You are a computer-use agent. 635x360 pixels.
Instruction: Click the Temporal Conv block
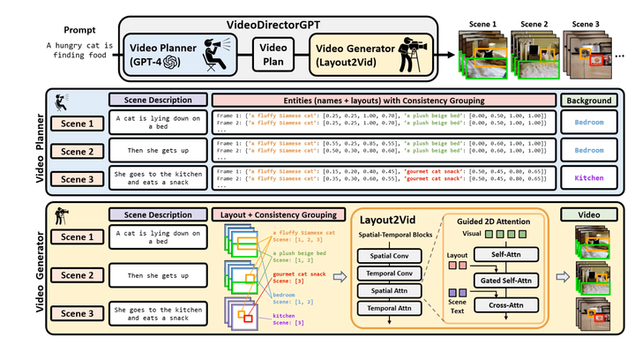[386, 273]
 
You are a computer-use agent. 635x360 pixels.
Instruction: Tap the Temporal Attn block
[386, 308]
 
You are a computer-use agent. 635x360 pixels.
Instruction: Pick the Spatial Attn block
[386, 290]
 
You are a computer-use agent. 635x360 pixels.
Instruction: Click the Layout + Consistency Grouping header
[273, 214]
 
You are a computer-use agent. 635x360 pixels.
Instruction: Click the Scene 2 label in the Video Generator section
[77, 275]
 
